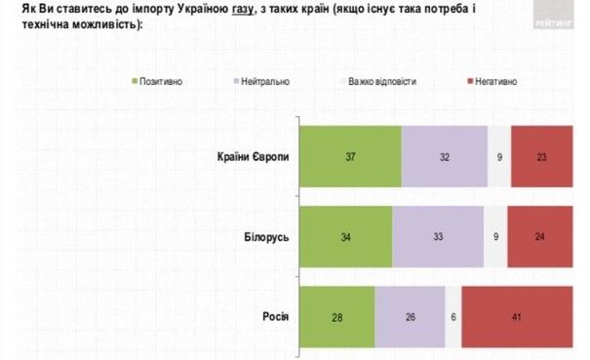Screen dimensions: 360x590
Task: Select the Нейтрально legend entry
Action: coord(258,82)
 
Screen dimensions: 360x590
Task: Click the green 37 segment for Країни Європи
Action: coord(350,156)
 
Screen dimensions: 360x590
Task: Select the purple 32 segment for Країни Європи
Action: coord(444,156)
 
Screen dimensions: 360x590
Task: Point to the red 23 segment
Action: coord(541,156)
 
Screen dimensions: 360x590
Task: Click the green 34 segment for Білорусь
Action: coord(345,235)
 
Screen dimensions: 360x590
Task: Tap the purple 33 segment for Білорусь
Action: coord(438,235)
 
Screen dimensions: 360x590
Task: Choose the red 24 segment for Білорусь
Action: coord(540,235)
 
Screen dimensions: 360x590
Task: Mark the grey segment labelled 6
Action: coord(453,317)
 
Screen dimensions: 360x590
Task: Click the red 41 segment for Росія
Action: coord(517,317)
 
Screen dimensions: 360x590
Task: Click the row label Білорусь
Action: coord(264,235)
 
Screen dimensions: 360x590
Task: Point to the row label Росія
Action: coord(274,317)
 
